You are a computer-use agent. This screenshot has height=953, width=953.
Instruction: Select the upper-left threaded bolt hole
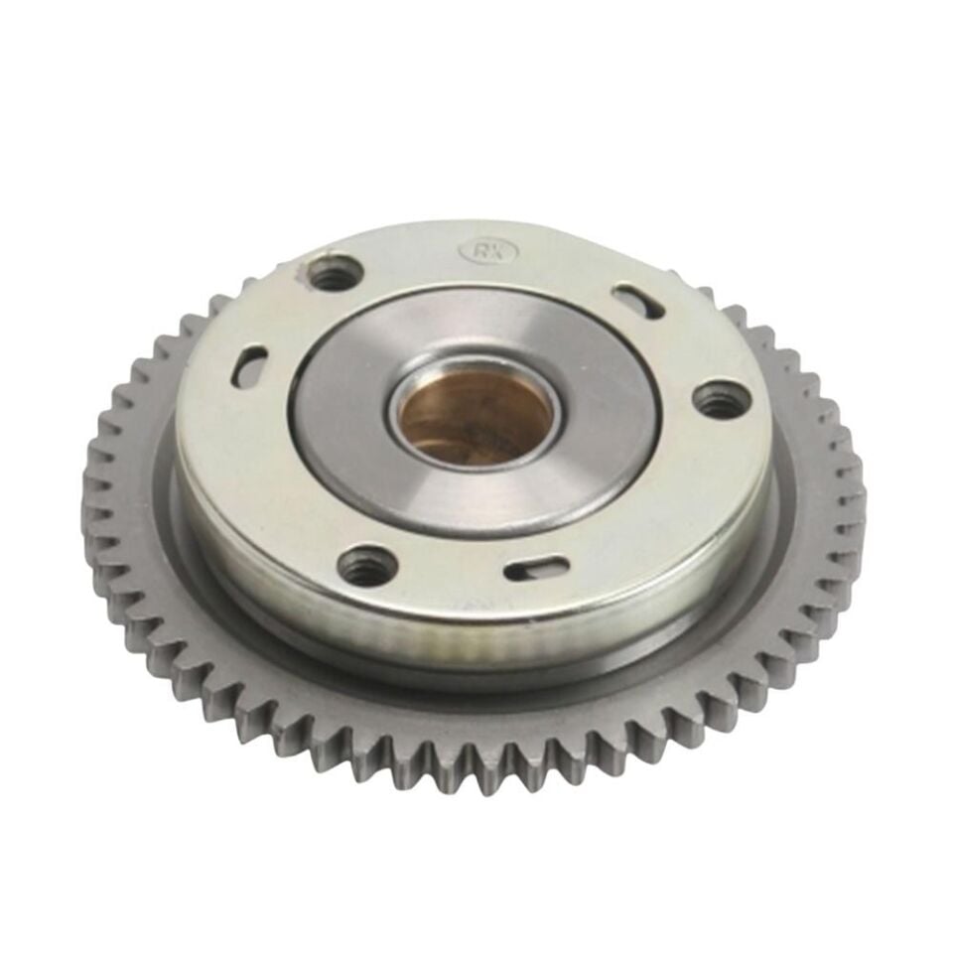tap(334, 272)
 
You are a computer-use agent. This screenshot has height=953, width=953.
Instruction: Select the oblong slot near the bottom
tap(537, 569)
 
